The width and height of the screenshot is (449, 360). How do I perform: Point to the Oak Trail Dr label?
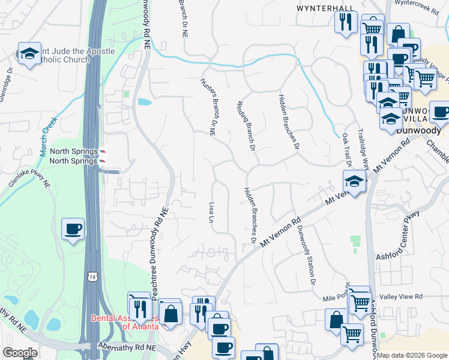click(346, 150)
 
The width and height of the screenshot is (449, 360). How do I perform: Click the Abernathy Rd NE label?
click(127, 347)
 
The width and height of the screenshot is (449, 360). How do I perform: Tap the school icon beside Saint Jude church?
click(29, 53)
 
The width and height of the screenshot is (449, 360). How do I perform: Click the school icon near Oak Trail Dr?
click(354, 181)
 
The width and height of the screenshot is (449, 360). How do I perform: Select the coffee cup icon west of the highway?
click(73, 229)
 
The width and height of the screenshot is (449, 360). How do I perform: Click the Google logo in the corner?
click(20, 353)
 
